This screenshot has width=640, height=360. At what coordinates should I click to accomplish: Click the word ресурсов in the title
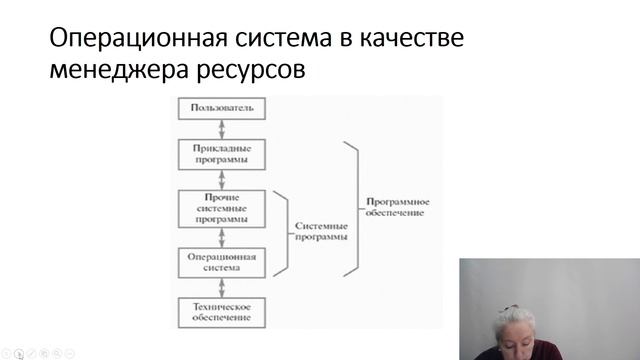(x=254, y=72)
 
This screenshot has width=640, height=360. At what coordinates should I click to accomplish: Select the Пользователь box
(x=222, y=107)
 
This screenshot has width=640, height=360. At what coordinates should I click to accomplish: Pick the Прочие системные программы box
(x=222, y=207)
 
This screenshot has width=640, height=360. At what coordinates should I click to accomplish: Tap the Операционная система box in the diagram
(x=222, y=262)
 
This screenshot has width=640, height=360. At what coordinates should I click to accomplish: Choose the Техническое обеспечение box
(x=222, y=312)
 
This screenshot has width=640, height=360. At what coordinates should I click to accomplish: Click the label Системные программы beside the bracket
(x=322, y=231)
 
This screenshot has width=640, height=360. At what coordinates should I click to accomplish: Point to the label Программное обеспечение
(x=396, y=206)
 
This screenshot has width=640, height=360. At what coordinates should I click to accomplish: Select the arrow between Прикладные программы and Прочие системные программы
(x=222, y=178)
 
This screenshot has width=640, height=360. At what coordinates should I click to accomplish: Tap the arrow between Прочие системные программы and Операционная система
(x=222, y=236)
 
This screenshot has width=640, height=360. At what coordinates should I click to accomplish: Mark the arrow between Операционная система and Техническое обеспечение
(x=222, y=287)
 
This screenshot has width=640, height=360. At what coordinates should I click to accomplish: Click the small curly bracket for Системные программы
(x=284, y=231)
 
